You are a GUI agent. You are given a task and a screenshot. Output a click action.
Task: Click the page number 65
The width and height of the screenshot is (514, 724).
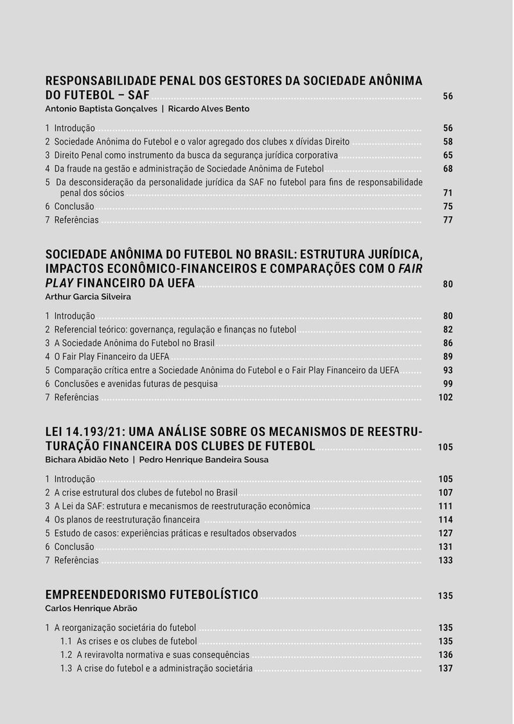click(x=448, y=155)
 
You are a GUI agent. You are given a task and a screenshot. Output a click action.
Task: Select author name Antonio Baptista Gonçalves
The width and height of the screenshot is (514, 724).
click(x=101, y=109)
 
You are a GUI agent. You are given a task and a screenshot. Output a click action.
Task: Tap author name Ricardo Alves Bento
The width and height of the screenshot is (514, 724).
click(x=209, y=109)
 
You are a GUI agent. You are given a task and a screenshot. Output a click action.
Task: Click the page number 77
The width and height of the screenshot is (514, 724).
click(x=448, y=220)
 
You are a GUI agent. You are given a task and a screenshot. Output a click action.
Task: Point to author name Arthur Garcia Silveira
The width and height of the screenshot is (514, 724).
click(x=88, y=297)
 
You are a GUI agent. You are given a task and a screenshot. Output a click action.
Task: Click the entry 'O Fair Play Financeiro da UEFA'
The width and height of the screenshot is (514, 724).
click(x=111, y=357)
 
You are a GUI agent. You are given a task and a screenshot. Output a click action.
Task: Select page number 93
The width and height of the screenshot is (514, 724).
click(x=448, y=370)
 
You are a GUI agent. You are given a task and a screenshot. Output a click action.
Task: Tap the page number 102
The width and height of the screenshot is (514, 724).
click(x=445, y=397)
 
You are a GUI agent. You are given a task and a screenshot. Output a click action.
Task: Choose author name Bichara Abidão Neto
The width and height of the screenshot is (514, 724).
click(x=87, y=460)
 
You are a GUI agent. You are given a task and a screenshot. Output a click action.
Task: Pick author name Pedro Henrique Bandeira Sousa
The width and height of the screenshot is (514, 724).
click(x=204, y=460)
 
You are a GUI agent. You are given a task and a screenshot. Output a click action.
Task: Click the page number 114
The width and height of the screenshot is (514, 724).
click(x=445, y=520)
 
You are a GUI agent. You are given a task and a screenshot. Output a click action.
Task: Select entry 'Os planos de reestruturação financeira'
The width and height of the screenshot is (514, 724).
click(x=127, y=520)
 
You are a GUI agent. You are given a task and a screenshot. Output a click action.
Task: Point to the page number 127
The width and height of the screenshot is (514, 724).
click(x=445, y=533)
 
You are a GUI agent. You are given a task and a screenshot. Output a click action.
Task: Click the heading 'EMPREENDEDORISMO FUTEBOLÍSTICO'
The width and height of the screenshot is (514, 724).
click(x=152, y=594)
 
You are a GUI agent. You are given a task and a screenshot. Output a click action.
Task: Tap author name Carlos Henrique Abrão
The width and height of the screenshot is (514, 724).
click(x=91, y=608)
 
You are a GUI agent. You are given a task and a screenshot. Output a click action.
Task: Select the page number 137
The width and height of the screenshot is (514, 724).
click(x=445, y=668)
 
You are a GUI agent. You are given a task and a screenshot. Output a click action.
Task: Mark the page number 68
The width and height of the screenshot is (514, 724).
click(x=448, y=169)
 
